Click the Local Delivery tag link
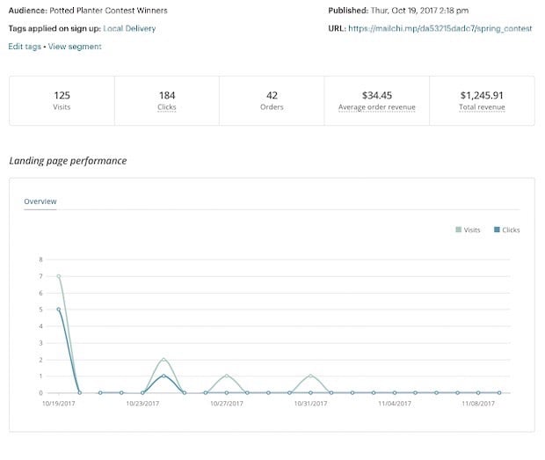coord(129,29)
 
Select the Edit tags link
coord(25,47)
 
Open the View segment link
coord(75,47)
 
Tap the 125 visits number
coord(62,95)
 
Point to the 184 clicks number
coord(167,95)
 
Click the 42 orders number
coord(272,95)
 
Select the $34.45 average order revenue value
coord(376,95)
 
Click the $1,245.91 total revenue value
coord(481,95)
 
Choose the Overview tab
coord(40,201)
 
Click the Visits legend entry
coord(469,230)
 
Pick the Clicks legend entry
coord(507,230)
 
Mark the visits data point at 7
coord(59,276)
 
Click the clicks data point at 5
coord(59,310)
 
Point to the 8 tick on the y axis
coord(40,259)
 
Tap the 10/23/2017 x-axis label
coord(142,404)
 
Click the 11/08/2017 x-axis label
coord(478,404)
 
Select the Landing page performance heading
coord(68,161)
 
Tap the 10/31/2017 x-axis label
coord(310,404)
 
